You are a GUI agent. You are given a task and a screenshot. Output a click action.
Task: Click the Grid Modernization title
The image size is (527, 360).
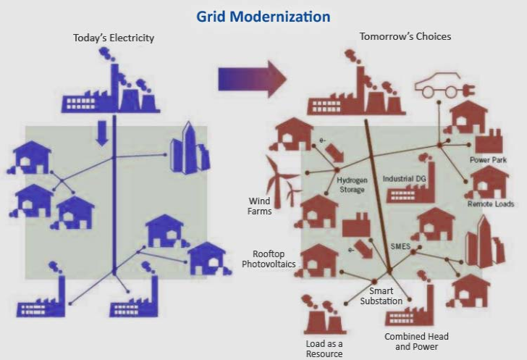[263, 17]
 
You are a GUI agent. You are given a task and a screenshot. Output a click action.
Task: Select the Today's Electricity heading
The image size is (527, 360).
[114, 38]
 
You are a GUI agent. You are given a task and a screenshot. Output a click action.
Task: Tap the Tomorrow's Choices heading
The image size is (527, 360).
[405, 36]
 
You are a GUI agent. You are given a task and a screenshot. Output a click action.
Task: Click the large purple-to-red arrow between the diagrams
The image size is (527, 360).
[253, 80]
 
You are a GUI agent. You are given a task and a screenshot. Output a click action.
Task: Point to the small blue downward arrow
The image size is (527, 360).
[101, 133]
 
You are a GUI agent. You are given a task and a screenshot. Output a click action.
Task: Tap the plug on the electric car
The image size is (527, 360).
[469, 91]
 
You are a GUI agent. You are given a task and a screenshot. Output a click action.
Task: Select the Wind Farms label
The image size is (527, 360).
[259, 206]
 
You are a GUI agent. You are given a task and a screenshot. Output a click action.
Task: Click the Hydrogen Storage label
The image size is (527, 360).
[352, 185]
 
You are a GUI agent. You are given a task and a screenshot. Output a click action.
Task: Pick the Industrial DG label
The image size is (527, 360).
[404, 179]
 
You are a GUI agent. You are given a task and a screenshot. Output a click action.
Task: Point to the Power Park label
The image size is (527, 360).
[488, 160]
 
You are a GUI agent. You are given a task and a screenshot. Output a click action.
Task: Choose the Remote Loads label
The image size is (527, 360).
[491, 204]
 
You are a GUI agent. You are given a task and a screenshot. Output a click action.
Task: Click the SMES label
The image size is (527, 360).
[400, 246]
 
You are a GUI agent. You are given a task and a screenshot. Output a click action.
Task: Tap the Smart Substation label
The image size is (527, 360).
[381, 296]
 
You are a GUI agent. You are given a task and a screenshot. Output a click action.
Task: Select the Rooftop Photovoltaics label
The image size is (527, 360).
[269, 259]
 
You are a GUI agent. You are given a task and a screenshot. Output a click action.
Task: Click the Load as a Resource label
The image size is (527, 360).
[324, 349]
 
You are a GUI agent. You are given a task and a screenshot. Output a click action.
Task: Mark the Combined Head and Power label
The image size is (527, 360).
[416, 341]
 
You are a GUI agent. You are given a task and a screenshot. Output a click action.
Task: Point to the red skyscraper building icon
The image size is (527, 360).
[485, 242]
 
